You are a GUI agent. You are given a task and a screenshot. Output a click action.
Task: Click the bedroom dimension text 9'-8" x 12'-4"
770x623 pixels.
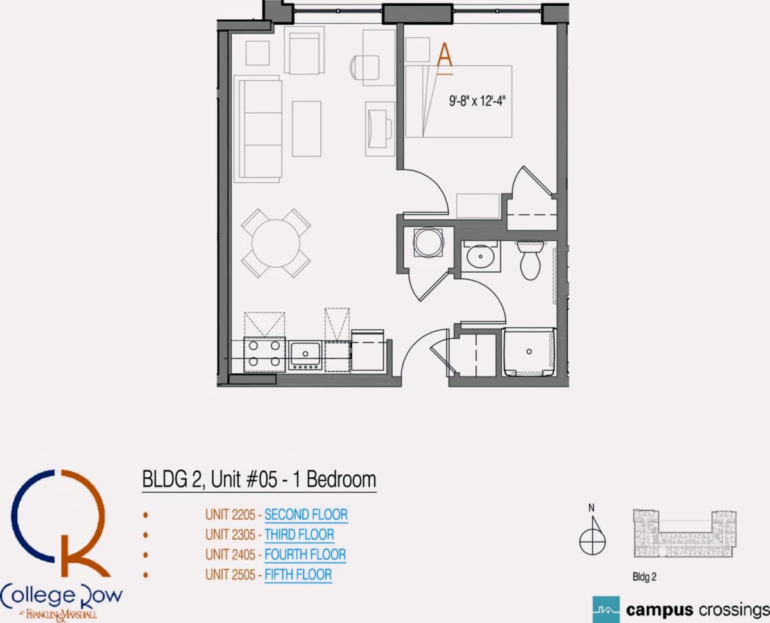477,101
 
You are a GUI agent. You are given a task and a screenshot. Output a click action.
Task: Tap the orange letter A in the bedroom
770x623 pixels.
444,55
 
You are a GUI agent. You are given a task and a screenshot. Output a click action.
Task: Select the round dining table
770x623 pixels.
276,243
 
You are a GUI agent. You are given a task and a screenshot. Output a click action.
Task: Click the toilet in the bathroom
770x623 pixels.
530,260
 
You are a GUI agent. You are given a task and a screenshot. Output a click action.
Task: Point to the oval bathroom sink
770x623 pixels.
481,256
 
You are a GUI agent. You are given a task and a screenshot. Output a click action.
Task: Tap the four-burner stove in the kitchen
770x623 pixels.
264,354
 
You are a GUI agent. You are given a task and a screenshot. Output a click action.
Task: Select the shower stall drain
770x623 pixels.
529,351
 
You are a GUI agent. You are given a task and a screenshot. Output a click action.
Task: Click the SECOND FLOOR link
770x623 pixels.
306,515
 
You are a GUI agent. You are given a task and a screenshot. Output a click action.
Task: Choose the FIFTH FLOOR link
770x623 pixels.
298,575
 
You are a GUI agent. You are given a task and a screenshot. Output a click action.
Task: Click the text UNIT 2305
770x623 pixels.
230,534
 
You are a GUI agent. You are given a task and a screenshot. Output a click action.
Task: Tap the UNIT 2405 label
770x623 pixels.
230,554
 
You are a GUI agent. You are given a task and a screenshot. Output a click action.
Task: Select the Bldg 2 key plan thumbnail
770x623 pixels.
685,533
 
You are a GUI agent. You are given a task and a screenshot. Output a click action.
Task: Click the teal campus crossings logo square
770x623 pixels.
606,610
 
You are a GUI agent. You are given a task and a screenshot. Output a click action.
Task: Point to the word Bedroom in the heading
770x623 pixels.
341,479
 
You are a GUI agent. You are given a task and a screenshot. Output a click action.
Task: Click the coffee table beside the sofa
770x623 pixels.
307,129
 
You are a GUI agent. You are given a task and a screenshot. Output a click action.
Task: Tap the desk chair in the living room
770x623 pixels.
364,67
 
